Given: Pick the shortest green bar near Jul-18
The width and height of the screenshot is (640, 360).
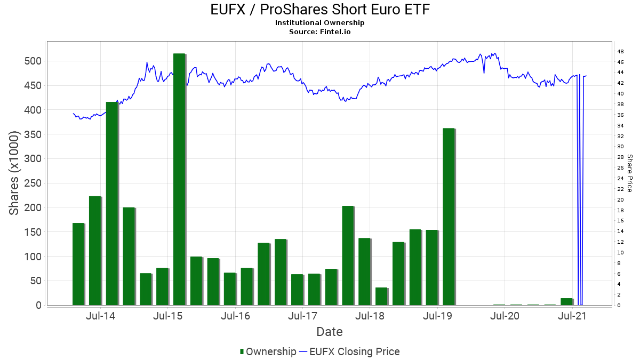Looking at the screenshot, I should coord(381,297).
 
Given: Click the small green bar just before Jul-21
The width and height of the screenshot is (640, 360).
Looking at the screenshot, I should coord(566,302).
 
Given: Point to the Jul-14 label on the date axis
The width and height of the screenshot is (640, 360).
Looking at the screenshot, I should coord(100,316).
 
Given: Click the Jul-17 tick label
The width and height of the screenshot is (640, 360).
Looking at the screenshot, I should coord(302,316).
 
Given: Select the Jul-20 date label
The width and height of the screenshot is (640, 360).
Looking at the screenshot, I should coord(505,316).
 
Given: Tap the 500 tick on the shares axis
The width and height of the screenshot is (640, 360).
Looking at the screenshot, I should coord(33,61).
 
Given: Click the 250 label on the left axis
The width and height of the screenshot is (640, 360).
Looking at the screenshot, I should coord(33,183).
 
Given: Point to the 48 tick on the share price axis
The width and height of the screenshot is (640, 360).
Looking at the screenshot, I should coord(620,52).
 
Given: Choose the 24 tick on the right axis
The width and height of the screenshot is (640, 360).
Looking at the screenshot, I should coord(620,179).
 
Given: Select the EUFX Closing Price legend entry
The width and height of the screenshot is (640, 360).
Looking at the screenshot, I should coord(349,351).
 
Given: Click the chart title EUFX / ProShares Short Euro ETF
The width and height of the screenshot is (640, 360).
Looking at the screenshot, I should coord(320,10).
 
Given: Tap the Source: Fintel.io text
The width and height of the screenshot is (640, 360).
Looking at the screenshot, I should coord(320,32).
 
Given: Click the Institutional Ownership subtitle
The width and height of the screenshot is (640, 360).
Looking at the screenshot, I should coord(320,23).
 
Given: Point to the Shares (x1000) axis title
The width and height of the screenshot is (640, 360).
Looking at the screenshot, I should coord(14,173).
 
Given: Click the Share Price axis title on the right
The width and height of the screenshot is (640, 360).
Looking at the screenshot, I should coord(630,173).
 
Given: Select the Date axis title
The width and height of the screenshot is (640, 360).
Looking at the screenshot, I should coord(329,332).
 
